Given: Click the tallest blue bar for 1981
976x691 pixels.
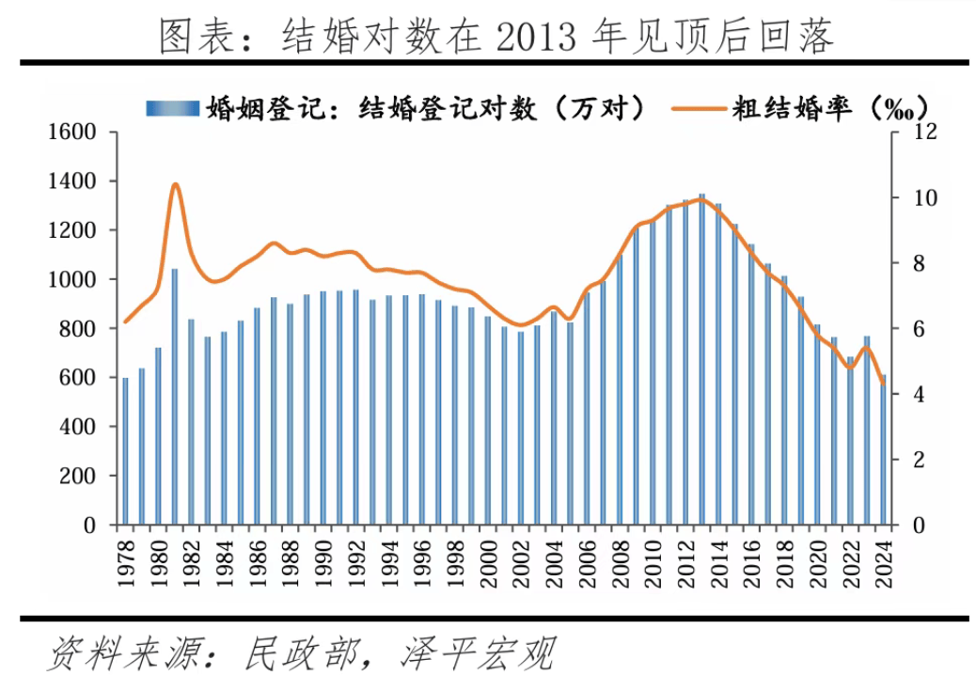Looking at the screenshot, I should [175, 395].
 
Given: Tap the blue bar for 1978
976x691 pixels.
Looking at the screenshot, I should [125, 451].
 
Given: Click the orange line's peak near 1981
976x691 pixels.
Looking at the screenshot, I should [175, 184].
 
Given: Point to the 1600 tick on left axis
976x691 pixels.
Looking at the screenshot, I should [78, 132].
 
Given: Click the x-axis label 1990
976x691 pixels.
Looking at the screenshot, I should [323, 562].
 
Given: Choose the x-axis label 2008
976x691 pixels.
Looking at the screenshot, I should [619, 562].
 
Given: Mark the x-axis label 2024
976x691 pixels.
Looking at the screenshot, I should [883, 562].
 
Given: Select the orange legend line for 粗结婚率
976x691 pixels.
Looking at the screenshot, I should [701, 107].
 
